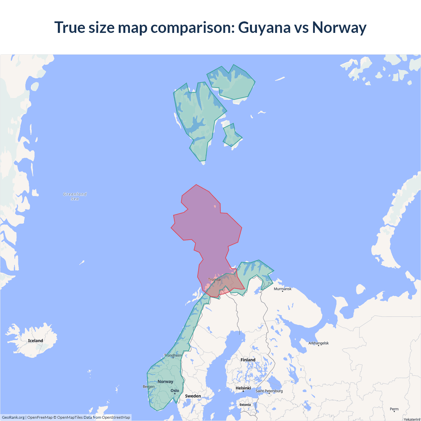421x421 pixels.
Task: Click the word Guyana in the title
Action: [264, 27]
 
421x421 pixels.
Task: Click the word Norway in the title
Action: [339, 27]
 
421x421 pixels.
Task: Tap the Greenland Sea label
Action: [75, 196]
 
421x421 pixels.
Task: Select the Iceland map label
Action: [36, 341]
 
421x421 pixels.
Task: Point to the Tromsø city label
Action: [214, 280]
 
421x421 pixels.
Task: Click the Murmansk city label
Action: [283, 289]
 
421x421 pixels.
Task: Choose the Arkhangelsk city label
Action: [318, 343]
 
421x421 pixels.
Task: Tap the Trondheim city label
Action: [173, 355]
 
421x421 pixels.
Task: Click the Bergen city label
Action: [149, 386]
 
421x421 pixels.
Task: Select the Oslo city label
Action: [175, 391]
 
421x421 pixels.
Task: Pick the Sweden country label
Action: [193, 396]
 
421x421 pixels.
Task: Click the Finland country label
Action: [248, 360]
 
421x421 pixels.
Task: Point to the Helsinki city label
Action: [243, 388]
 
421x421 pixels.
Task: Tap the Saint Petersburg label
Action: [269, 391]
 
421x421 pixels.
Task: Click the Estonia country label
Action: [245, 405]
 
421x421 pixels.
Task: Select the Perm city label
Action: [394, 409]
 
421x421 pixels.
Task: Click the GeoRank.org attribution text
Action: [13, 417]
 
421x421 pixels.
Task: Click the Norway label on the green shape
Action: [165, 382]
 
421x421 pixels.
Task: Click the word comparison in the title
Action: [192, 27]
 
